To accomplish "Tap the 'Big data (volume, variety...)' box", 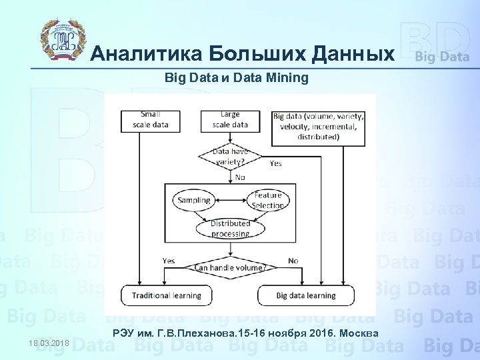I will [x=319, y=127].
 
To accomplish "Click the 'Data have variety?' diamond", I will [x=230, y=157].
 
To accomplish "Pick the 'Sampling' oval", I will [x=194, y=200].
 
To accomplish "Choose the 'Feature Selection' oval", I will [x=268, y=200].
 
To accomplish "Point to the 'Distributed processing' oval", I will [x=230, y=229].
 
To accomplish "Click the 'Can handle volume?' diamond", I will [x=230, y=267].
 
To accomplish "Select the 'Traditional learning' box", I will [x=166, y=295].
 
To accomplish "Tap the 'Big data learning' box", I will [x=306, y=295].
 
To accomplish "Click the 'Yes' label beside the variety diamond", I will [x=275, y=163].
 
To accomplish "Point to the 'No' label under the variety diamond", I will [x=240, y=178].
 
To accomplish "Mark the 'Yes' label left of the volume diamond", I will [x=169, y=260].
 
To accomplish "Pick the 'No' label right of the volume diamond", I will [x=293, y=260].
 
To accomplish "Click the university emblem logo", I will [x=64, y=41].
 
